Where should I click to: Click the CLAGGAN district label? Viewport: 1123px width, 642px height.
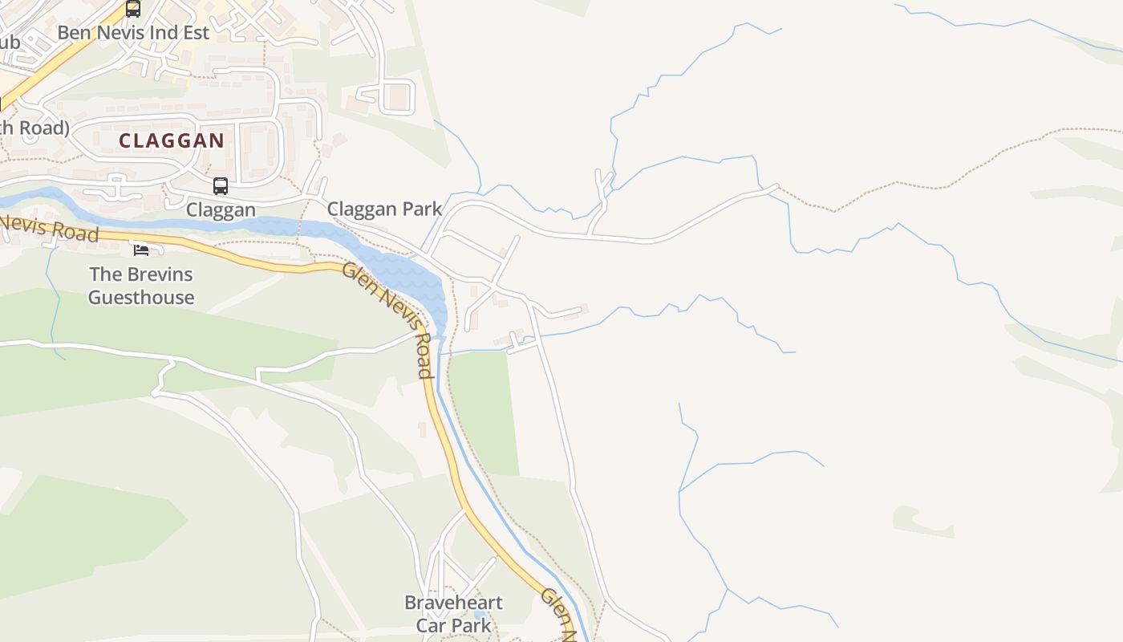(172, 140)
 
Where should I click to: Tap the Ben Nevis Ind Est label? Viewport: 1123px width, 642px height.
(133, 33)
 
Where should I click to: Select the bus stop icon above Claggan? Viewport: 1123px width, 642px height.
(221, 186)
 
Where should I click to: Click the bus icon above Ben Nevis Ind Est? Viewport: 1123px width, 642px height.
(133, 9)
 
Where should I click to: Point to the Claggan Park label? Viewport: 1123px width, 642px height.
(384, 209)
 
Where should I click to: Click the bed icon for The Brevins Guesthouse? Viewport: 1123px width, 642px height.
(141, 250)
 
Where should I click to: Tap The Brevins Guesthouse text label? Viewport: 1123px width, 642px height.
(141, 286)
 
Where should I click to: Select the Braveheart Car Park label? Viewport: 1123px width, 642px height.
(453, 614)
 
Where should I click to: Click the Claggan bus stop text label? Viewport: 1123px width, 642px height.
(221, 209)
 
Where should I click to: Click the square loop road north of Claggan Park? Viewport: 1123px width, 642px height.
(396, 97)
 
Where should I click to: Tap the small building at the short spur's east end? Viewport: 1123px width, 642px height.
(583, 309)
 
